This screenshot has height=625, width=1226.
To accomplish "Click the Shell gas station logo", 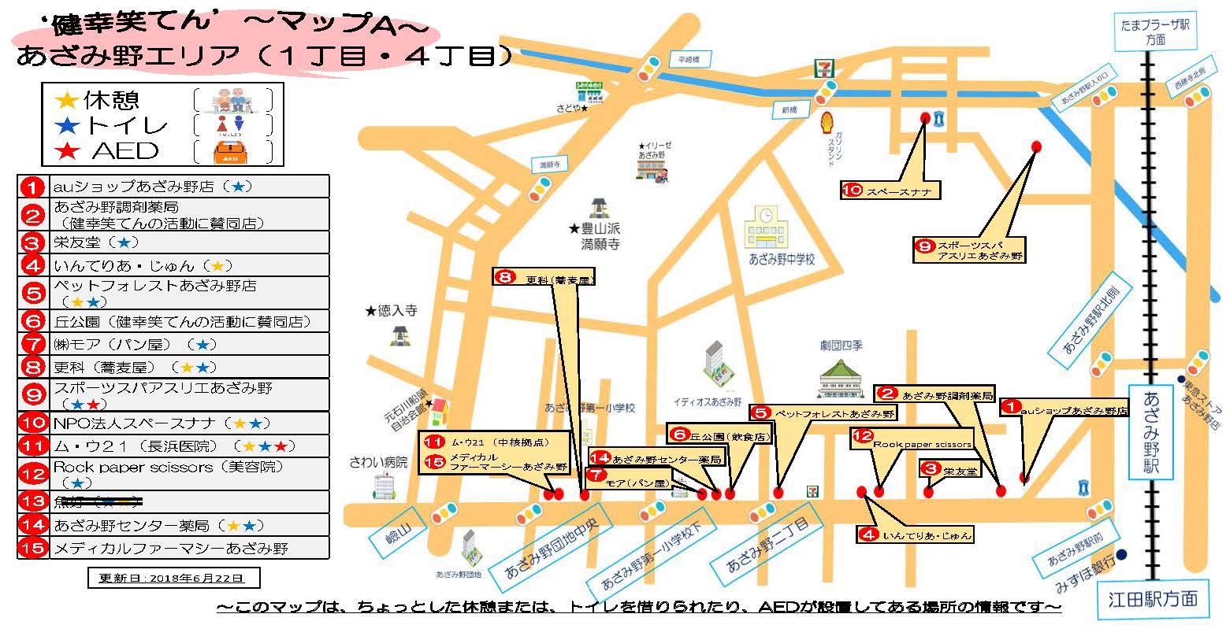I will pos(827,123).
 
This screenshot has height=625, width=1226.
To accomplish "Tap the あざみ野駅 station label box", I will pos(1152,432).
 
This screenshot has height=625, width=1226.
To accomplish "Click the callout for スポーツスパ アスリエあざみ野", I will pos(970,250).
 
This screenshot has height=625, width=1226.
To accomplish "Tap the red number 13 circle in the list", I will pos(33,502).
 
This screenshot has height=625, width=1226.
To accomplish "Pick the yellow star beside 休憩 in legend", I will pos(68,100).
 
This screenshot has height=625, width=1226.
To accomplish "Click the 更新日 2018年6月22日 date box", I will pos(173,578).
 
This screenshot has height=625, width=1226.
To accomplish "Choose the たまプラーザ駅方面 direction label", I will pos(1155,32).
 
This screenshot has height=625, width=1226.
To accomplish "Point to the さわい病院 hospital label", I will pos(378,463).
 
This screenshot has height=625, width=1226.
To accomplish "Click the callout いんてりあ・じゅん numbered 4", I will pos(915,535).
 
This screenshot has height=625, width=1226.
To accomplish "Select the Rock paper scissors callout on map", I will pos(912,439).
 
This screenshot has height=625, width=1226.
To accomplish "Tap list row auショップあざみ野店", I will pos(173,187).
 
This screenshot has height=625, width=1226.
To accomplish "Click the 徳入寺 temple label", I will pos(392,311).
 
